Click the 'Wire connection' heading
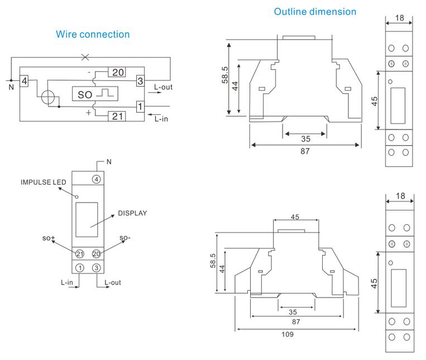point(93,35)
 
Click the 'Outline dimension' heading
point(315,11)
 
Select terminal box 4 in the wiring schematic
point(24,81)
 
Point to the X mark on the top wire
point(85,57)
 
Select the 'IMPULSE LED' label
point(44,183)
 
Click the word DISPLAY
point(132,213)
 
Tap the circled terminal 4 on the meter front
point(97,179)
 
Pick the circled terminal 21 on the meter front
point(80,254)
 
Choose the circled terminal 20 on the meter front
point(96,254)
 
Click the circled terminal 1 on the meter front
point(80,267)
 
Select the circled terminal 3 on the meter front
point(96,267)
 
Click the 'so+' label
point(49,238)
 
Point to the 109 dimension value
point(287,334)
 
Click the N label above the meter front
point(109,162)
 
